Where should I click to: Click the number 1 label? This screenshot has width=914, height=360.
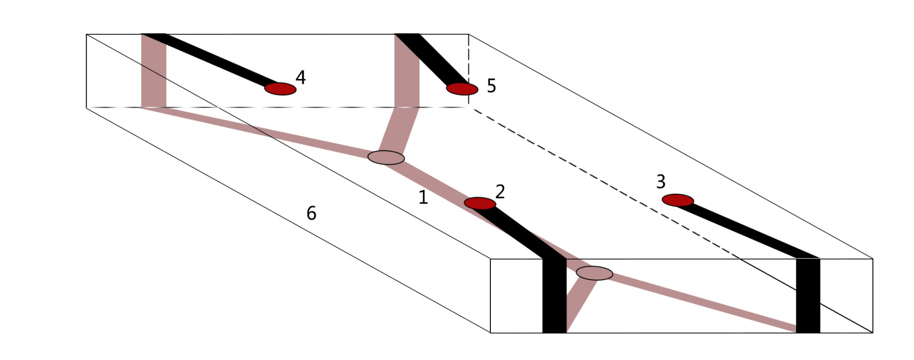tap(423, 197)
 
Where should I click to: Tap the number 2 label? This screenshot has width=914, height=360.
tap(500, 191)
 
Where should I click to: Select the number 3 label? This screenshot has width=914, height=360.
tap(661, 181)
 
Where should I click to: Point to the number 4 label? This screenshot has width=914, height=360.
tap(300, 77)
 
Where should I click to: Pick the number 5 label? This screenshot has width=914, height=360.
tap(491, 86)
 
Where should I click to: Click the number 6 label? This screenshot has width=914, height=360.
tap(311, 213)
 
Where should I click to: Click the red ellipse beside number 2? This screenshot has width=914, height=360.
tap(480, 203)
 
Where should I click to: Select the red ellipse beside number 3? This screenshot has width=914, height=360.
tap(678, 200)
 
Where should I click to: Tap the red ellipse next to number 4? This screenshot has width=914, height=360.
tap(280, 89)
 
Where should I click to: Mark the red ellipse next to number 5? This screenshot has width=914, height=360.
tap(462, 89)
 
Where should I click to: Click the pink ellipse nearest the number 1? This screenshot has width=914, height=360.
tap(386, 158)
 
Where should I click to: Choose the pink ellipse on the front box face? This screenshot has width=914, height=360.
tap(595, 273)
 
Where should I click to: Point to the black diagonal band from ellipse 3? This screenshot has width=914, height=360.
tap(748, 231)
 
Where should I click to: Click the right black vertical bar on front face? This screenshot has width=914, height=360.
tap(808, 296)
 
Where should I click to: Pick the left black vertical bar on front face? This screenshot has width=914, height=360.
tap(555, 296)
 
